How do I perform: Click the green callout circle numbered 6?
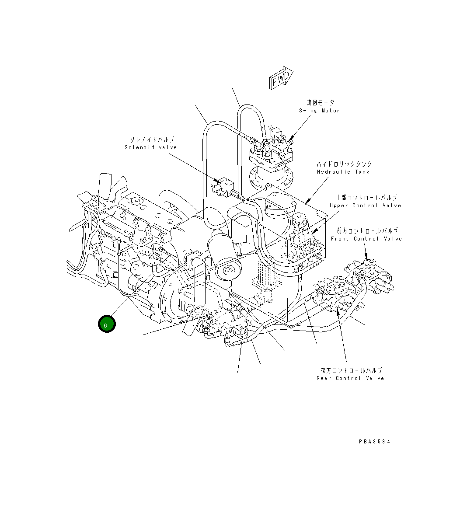coord(106,324)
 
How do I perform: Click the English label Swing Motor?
coord(319,111)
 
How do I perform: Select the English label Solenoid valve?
coord(151,147)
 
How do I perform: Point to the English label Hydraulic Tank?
coord(343,172)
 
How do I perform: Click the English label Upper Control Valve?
coord(365,206)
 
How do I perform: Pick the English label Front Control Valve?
coord(366,239)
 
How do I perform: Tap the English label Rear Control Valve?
coord(350,378)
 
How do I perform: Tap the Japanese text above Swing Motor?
coord(320,103)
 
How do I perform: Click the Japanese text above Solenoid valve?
coord(152,139)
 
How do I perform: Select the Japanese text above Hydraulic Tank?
coord(344,164)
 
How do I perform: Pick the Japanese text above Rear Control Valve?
coord(351,370)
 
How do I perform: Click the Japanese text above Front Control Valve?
coord(367,231)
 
